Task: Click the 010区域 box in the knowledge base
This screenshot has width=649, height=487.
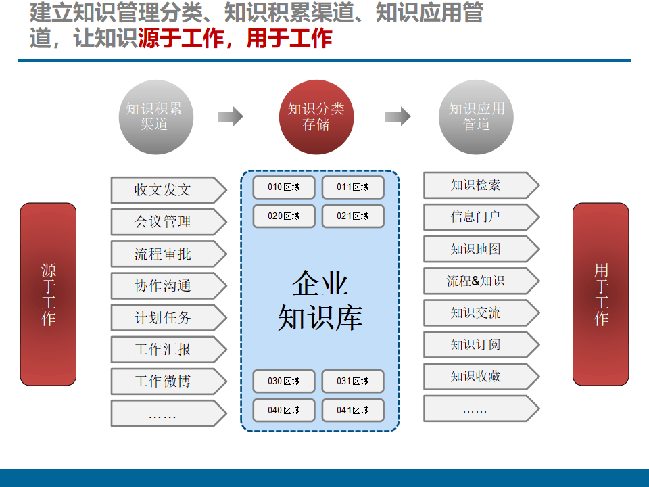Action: (x=284, y=187)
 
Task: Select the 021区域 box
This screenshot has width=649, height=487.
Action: (x=353, y=216)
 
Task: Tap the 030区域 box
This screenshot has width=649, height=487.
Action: (x=284, y=381)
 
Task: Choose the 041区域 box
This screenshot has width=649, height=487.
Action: (x=353, y=411)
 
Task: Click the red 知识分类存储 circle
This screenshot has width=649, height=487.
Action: (x=316, y=117)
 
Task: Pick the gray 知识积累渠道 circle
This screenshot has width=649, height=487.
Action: (x=154, y=117)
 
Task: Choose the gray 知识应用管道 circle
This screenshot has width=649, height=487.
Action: (x=477, y=117)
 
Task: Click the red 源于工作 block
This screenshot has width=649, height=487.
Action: (x=48, y=294)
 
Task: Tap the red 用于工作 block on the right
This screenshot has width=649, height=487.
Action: (x=601, y=294)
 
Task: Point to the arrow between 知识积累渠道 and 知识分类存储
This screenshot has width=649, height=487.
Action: (x=230, y=116)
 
